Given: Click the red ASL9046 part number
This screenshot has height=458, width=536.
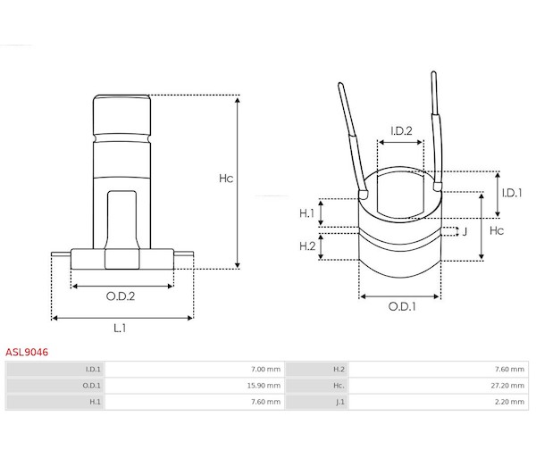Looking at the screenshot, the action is (27, 352).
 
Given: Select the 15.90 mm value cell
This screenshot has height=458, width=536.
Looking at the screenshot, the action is (264, 386).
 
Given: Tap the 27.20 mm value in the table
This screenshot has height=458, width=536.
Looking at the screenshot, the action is (507, 386).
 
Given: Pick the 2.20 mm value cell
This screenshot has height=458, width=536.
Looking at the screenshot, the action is (509, 402).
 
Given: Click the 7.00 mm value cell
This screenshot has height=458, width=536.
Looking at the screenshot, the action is (265, 370).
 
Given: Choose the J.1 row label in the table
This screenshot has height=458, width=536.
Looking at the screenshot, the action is (340, 403).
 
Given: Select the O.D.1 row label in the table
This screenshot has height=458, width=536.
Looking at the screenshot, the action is (92, 386).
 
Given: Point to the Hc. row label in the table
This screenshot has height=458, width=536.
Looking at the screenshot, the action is (339, 386).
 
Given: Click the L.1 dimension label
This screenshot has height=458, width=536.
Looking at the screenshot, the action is (120, 329).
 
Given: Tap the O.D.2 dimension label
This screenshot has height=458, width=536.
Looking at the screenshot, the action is (121, 296).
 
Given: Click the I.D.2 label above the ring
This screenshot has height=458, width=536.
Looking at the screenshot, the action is (401, 131).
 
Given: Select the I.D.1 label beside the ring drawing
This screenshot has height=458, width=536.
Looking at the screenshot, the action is (512, 194).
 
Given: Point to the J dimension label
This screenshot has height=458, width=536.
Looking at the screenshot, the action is (465, 232).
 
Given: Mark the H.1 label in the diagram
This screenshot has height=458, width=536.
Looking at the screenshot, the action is (306, 213).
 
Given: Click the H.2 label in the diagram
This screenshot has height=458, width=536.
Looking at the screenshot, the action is (307, 246).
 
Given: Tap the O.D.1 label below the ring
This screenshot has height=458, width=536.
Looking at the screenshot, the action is (402, 307).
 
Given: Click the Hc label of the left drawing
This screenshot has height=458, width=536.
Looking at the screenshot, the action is (226, 179).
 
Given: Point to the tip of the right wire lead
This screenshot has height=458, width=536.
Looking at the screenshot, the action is (433, 72).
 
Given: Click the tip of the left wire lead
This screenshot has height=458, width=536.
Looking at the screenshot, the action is (340, 84).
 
